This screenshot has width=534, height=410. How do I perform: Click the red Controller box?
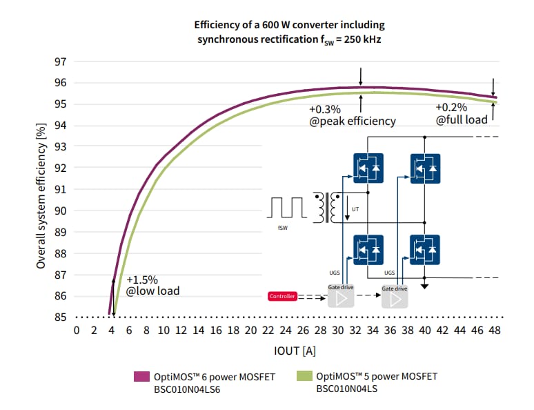coord(282,297)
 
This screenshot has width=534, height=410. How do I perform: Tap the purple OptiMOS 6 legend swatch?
coord(141,377)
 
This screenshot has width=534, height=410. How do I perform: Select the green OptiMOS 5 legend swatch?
coord(304,377)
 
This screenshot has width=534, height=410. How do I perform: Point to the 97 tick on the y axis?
coord(60,61)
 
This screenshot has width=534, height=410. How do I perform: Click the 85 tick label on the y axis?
coord(60,318)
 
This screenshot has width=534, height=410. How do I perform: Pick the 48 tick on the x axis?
coord(494,331)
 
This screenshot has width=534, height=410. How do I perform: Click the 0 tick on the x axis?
coord(77,331)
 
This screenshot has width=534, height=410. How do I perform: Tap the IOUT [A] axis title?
coord(295,351)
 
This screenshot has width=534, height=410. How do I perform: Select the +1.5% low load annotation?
coord(152,286)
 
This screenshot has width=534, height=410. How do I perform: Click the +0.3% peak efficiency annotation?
coord(352,115)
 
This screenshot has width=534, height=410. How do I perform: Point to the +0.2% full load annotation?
coord(461,113)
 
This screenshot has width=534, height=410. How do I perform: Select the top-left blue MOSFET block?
coord(368,167)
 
